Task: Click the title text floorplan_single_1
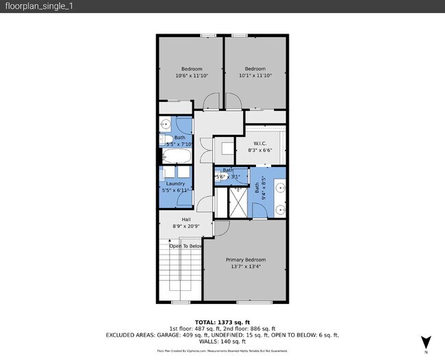(30, 6)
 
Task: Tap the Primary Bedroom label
(245, 260)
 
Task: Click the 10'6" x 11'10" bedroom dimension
(192, 76)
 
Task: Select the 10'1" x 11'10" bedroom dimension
(255, 76)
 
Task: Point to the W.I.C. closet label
(259, 143)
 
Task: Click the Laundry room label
(175, 183)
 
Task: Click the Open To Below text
(181, 246)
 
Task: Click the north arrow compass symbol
(426, 342)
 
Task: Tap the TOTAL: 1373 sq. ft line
(222, 322)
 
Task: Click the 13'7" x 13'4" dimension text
(245, 268)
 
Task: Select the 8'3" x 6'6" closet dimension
(259, 150)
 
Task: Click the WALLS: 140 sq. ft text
(222, 342)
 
